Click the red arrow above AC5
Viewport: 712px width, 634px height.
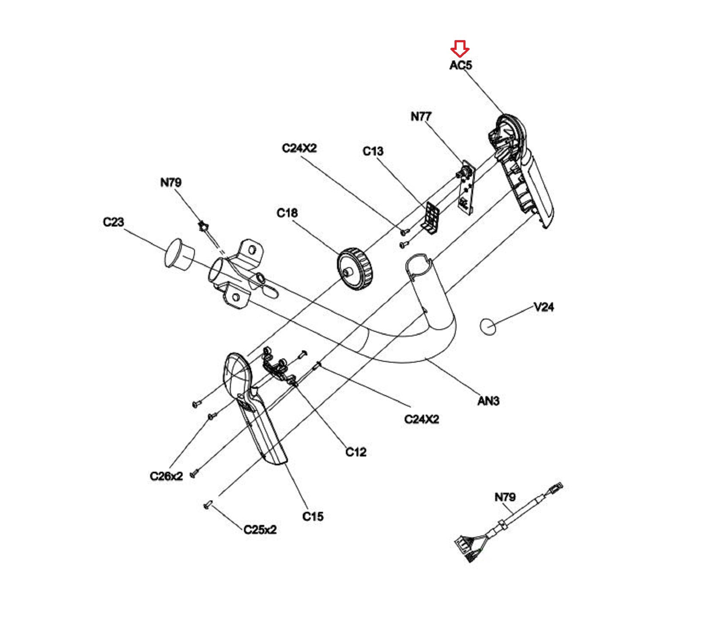click(x=460, y=49)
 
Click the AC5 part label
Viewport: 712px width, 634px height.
click(x=460, y=65)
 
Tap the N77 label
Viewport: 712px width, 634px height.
click(x=421, y=116)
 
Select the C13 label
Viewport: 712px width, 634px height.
click(x=373, y=151)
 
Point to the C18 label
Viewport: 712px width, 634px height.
click(x=287, y=213)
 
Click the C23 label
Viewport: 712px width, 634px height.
click(x=113, y=222)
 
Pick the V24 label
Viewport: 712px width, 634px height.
click(x=544, y=307)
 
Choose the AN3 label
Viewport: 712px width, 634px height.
click(x=488, y=400)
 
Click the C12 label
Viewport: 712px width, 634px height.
click(x=356, y=452)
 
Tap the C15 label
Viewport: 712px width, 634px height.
click(x=313, y=516)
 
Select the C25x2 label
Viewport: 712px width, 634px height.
click(x=260, y=529)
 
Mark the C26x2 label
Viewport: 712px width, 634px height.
click(x=166, y=476)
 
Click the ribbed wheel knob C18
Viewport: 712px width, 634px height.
click(x=355, y=269)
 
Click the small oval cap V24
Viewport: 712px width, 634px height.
click(x=488, y=326)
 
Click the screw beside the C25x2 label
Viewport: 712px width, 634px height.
click(x=208, y=504)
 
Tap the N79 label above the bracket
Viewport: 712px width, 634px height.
click(x=171, y=182)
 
